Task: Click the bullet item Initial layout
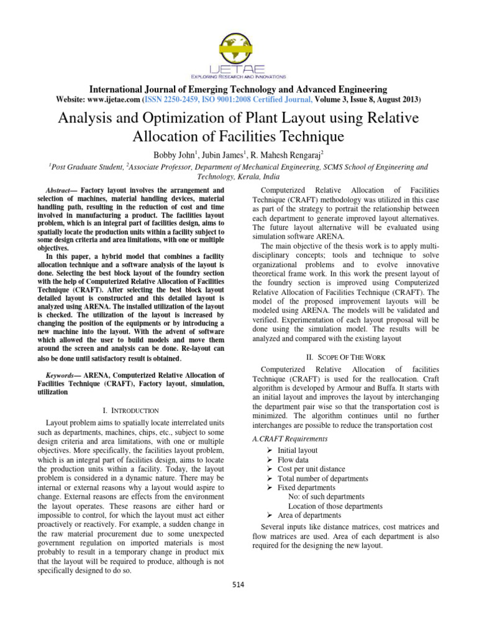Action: [x=297, y=450]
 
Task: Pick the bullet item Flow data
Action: [x=292, y=460]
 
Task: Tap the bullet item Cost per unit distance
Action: [x=311, y=469]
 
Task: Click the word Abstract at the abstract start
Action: [x=60, y=190]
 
